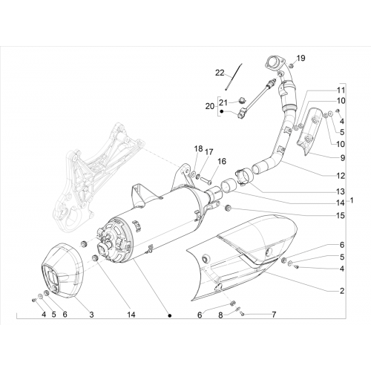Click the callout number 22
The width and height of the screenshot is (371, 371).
pos(220,73)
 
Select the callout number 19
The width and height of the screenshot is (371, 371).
pos(301,58)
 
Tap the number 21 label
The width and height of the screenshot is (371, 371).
pos(223,102)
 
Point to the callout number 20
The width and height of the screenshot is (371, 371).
pos(210,106)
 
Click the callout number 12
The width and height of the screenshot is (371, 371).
pos(341,176)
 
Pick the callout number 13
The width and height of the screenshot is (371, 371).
pos(341,191)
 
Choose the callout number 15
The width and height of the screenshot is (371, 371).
pos(341,215)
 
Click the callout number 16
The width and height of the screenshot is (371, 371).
pos(222,161)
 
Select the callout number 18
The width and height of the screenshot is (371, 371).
pos(198,148)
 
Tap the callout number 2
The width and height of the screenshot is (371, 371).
pos(342,291)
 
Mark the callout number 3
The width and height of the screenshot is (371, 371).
pos(91,315)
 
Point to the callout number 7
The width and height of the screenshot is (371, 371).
pos(274,315)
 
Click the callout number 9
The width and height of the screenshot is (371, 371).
pos(342,158)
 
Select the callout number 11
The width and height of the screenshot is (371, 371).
pos(341,90)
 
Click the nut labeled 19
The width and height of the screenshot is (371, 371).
pos(292,66)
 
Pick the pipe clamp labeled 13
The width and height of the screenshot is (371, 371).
pos(243,176)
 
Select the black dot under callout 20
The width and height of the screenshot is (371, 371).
pos(222,111)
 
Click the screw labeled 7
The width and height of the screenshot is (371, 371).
pos(243,314)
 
